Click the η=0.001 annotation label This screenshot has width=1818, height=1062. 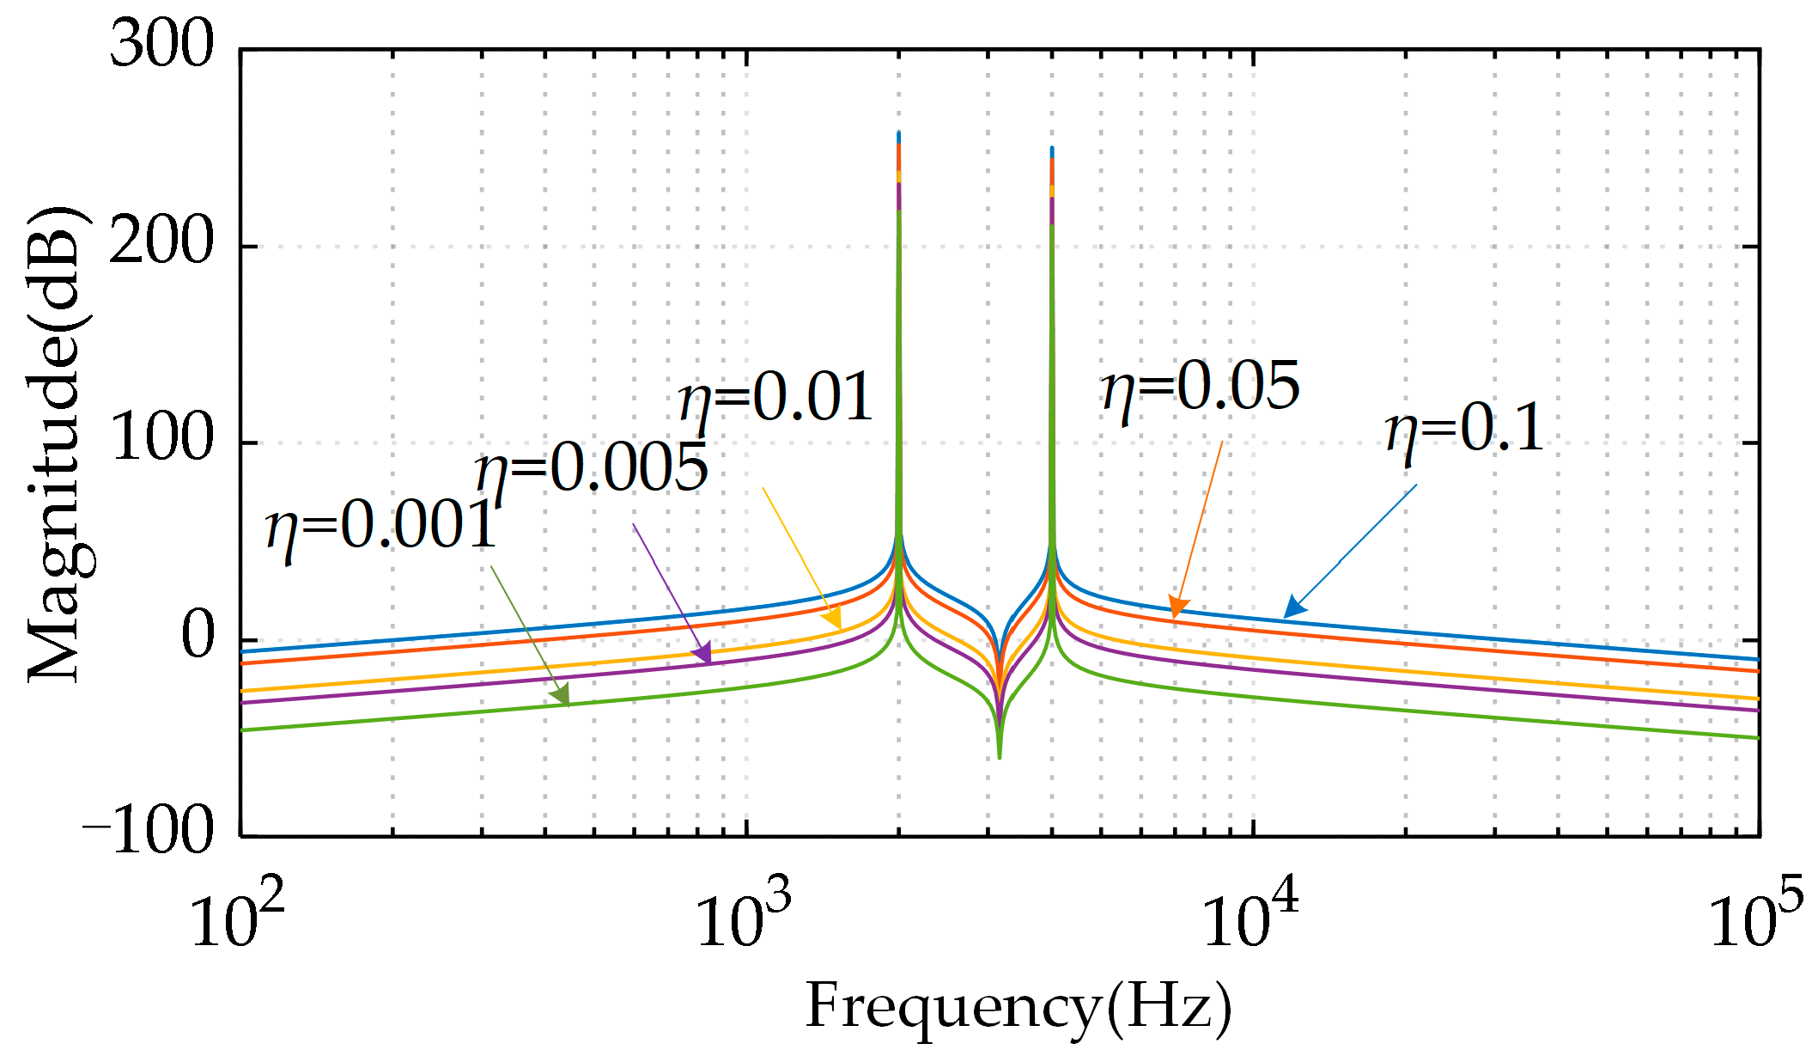(381, 526)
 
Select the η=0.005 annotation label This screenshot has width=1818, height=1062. (592, 470)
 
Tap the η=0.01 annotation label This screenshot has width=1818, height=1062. (775, 399)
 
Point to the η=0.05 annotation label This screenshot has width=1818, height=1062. (1201, 388)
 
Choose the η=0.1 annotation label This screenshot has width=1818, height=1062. (1464, 429)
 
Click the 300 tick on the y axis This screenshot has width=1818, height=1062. (161, 45)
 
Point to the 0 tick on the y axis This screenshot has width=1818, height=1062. (198, 637)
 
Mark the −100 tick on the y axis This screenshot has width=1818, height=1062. (148, 831)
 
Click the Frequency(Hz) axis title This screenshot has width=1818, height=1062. (1018, 1007)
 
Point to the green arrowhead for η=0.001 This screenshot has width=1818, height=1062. (562, 697)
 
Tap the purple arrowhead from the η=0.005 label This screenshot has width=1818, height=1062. (703, 654)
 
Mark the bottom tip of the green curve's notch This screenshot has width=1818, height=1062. (999, 757)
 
